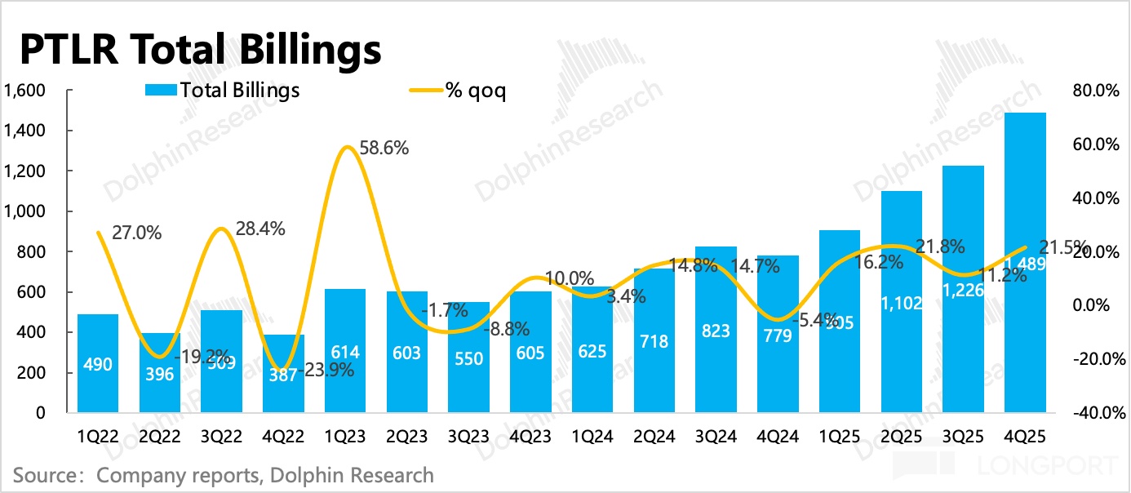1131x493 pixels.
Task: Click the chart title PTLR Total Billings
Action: (x=200, y=50)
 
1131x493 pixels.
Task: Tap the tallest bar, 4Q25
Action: (x=1025, y=261)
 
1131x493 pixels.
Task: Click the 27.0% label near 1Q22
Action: (x=136, y=233)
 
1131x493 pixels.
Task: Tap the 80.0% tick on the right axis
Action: (x=1093, y=91)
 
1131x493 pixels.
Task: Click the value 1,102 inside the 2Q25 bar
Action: (x=902, y=303)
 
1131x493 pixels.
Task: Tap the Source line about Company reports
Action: (x=223, y=474)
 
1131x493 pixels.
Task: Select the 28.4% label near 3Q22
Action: (x=260, y=229)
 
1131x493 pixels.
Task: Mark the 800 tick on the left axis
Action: (x=29, y=252)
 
